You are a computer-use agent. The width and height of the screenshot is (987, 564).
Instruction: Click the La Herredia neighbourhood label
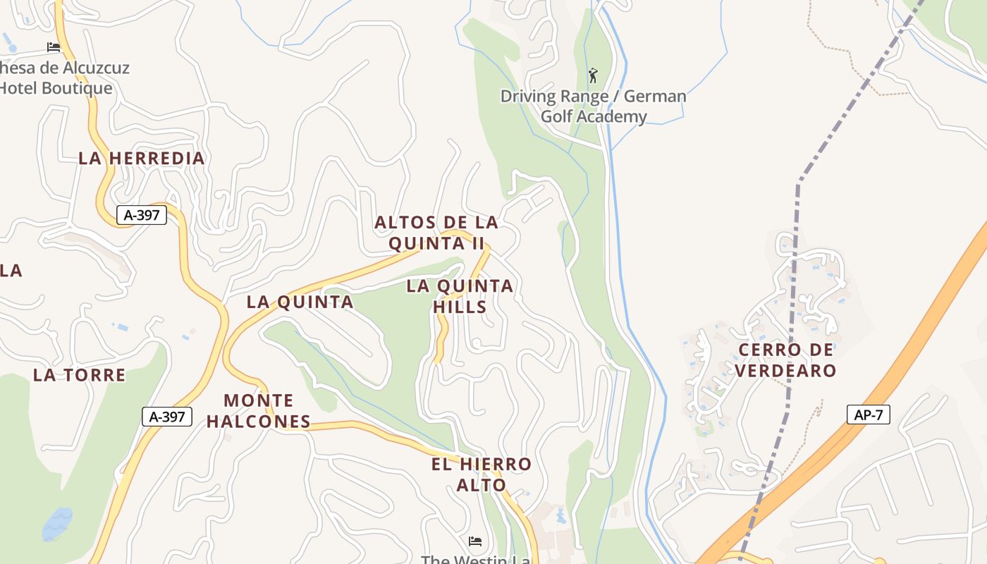[142, 159]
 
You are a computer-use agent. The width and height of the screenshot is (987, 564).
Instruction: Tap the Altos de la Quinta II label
[436, 233]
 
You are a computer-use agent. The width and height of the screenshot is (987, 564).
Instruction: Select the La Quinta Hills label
[460, 296]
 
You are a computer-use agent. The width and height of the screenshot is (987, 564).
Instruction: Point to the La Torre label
[79, 375]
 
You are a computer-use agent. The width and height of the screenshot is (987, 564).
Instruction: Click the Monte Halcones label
[258, 411]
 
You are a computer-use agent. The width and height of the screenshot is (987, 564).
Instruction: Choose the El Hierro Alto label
[482, 474]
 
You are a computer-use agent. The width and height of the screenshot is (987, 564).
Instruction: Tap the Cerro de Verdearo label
[786, 360]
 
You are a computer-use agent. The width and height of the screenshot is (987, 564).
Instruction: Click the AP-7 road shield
[868, 415]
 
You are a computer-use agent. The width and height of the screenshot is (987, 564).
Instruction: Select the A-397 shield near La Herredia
[142, 215]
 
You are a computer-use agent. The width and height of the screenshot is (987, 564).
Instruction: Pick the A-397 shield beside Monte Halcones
[167, 417]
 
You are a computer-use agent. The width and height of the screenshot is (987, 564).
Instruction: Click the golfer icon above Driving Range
[593, 75]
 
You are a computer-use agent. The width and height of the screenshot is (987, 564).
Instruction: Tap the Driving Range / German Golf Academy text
[593, 106]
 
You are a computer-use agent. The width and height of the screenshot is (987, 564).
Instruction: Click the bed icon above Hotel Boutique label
[54, 47]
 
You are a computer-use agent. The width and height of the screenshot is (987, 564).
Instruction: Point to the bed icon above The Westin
[475, 541]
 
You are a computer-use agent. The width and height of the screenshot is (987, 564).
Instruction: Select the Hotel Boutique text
[56, 88]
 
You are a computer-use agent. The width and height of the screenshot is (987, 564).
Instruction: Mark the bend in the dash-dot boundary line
[799, 183]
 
